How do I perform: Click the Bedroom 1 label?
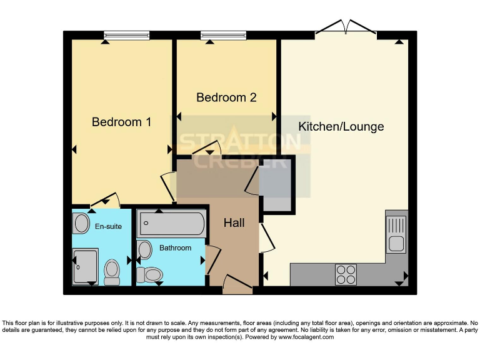point(121,122)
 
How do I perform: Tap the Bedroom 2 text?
point(226,97)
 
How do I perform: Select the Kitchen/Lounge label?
point(341,126)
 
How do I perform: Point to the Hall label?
point(234,222)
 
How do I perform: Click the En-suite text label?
point(108,226)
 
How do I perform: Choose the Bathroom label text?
point(175,248)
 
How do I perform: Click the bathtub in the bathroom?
point(172,224)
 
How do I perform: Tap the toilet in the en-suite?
point(112,272)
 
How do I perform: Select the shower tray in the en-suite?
point(85,267)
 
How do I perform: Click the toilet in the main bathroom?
point(150,274)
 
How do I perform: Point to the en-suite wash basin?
point(81,223)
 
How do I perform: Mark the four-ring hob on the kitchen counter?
point(346,274)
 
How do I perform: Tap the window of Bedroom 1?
point(126,36)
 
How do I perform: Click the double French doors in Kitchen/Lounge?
point(346,29)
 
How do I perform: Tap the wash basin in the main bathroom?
point(145,250)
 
